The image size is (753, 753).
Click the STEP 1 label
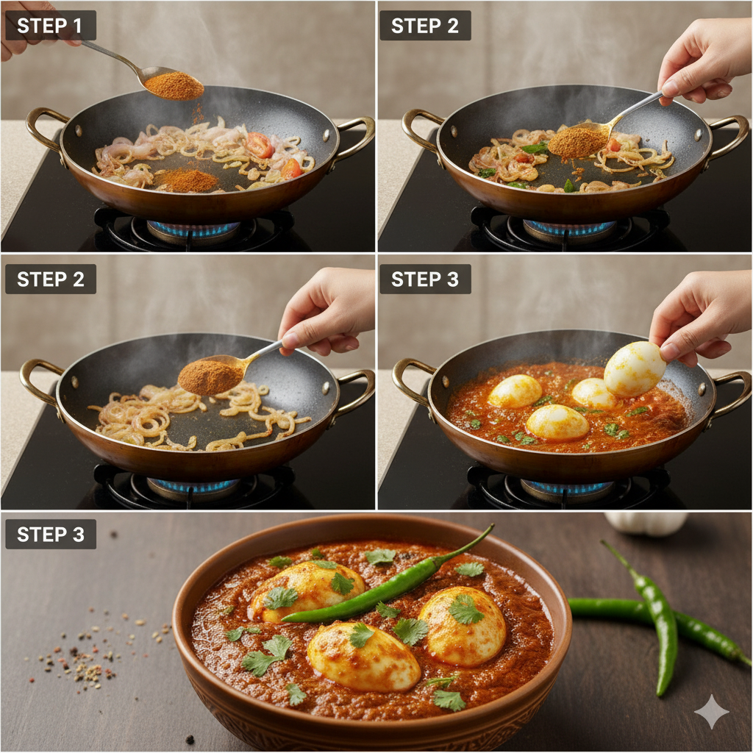point(50,26)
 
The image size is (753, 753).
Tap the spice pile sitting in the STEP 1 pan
point(185,179)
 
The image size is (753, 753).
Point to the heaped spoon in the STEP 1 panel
point(173,85)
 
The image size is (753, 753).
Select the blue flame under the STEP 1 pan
point(193,229)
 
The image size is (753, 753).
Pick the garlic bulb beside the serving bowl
point(646,522)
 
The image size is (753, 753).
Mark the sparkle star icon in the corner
point(712,711)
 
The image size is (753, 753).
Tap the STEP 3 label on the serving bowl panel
point(50,535)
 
